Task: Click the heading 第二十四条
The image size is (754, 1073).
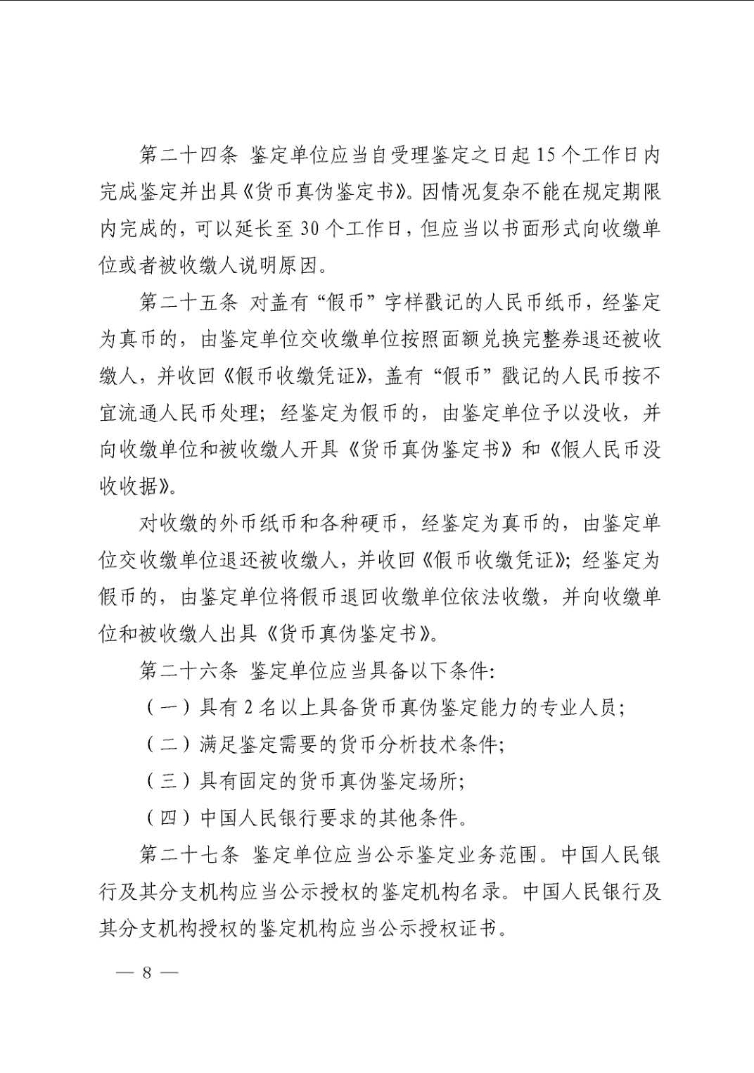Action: [x=188, y=155]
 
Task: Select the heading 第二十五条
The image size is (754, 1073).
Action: [x=188, y=303]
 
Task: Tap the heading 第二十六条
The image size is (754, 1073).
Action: [x=188, y=671]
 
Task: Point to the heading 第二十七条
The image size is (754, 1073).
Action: [x=188, y=855]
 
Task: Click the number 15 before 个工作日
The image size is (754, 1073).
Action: [x=545, y=155]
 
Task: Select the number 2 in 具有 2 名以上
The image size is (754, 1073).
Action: [x=248, y=708]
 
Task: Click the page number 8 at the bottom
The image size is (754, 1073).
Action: [x=146, y=973]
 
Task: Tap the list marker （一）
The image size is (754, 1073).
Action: [x=168, y=708]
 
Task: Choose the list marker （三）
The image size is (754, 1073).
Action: [x=168, y=781]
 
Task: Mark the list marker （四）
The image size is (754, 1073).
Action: [x=168, y=818]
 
